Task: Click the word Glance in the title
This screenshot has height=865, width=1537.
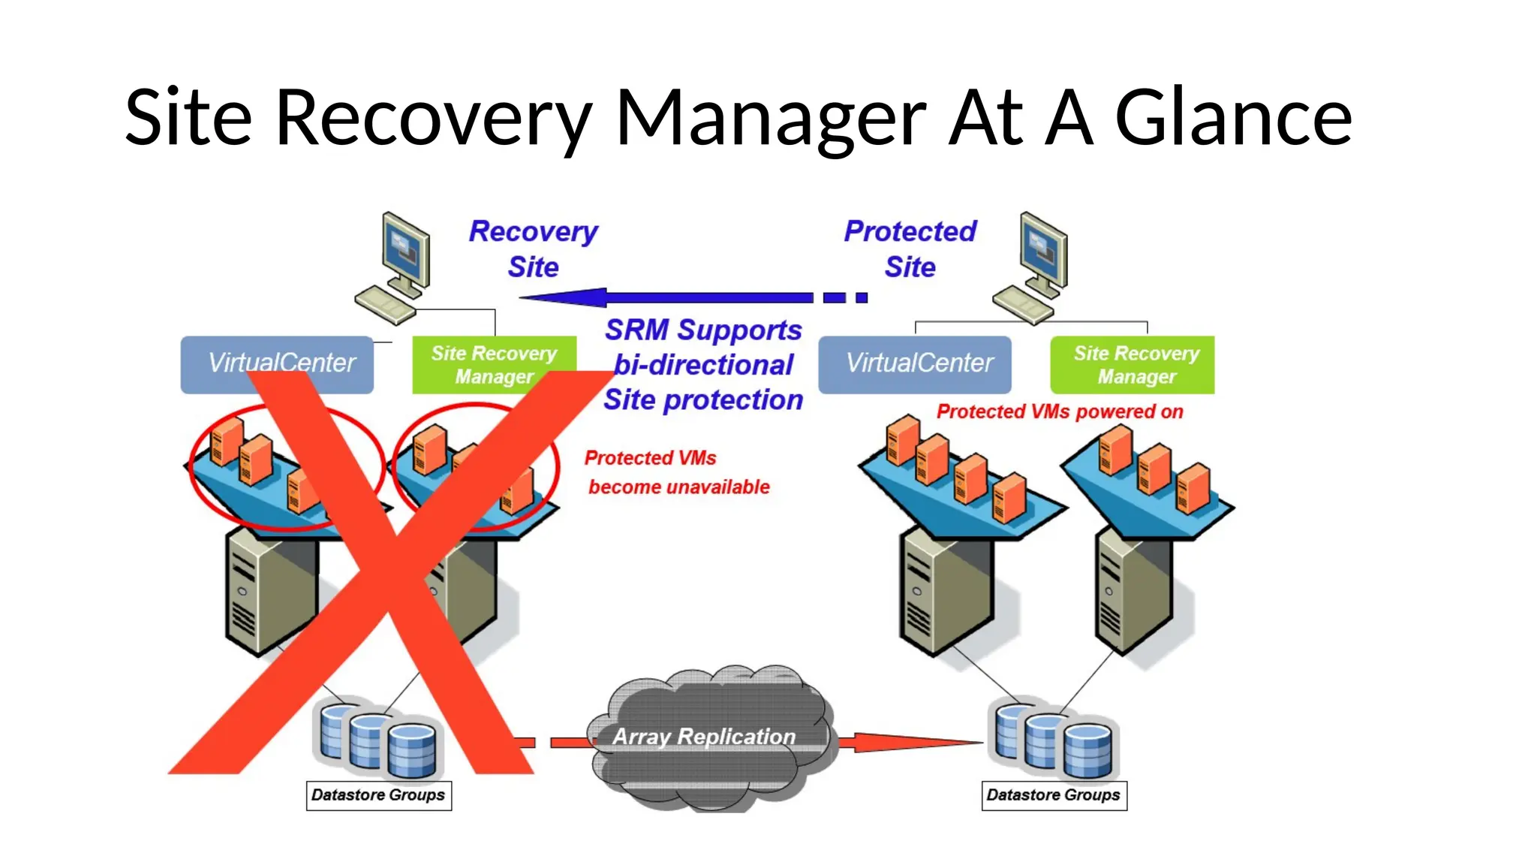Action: click(1233, 118)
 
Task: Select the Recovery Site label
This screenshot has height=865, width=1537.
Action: click(533, 249)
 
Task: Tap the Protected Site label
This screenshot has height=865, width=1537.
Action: click(910, 249)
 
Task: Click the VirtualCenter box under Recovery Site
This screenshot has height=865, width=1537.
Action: click(277, 364)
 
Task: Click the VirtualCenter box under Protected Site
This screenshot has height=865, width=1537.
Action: click(914, 364)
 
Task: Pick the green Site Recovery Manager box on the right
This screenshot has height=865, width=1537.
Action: click(1132, 364)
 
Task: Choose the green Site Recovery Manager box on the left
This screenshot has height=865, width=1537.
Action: click(494, 364)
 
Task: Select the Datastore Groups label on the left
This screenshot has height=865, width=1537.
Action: click(378, 795)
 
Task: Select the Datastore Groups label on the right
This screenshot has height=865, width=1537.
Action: click(1054, 795)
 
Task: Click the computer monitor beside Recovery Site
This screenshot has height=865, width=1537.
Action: click(406, 252)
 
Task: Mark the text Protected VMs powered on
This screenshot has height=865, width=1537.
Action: click(1059, 411)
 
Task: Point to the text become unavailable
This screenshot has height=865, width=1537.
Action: click(678, 487)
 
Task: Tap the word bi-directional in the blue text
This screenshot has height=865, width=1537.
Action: click(703, 365)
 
